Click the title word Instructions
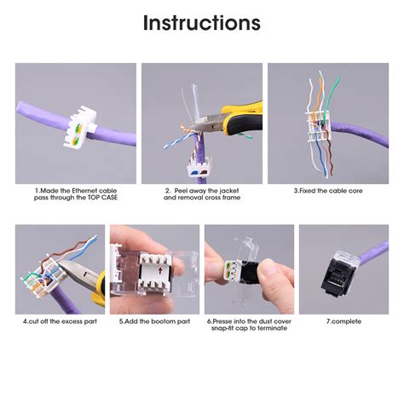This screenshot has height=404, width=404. coord(201,23)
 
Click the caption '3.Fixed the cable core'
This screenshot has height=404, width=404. coord(327,191)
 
